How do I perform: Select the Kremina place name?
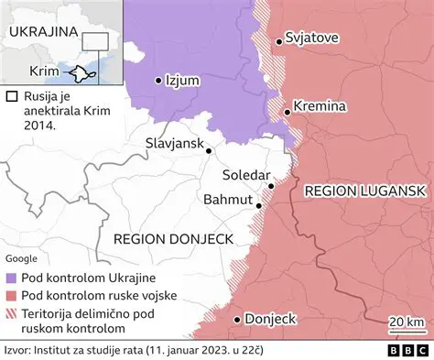click(320, 107)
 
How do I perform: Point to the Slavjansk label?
click(174, 144)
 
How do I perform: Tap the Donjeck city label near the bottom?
click(272, 319)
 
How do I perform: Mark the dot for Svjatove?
click(279, 40)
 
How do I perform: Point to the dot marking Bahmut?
click(260, 206)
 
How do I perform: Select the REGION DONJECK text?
click(174, 238)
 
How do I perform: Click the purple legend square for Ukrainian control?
click(11, 278)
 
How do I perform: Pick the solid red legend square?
click(11, 295)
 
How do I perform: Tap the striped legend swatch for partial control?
click(11, 312)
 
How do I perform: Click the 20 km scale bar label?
click(407, 321)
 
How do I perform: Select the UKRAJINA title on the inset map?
click(42, 31)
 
